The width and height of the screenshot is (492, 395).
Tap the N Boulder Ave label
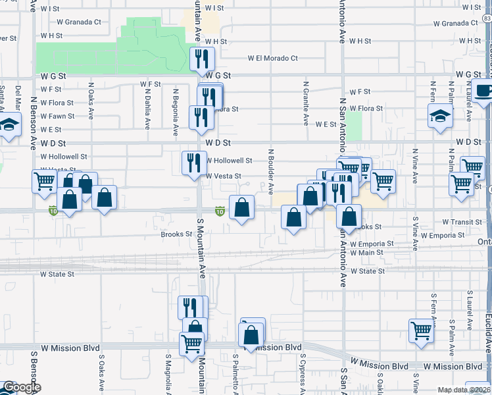[x=270, y=171]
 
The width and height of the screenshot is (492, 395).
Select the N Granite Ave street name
[x=306, y=103]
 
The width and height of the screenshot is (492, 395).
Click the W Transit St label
[x=462, y=223]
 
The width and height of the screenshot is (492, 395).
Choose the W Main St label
[x=366, y=253]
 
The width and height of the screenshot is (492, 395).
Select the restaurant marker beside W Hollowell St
[x=193, y=162]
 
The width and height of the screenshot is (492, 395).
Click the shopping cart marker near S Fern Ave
[x=421, y=330]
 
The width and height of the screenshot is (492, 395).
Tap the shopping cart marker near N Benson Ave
[x=44, y=181]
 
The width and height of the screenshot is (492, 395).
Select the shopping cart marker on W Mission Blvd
[x=191, y=343]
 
